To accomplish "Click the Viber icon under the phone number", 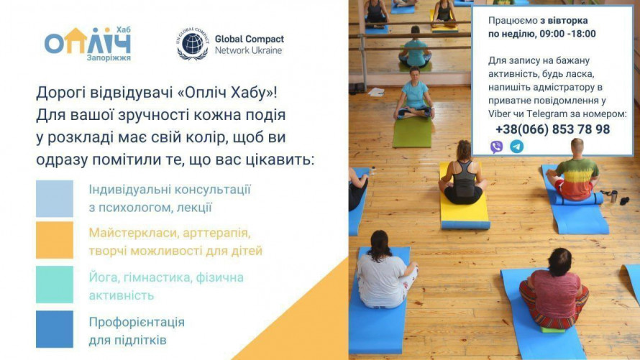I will (x=496, y=147).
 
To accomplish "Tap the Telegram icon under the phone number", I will (x=516, y=147).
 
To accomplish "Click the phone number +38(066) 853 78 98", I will (x=552, y=129).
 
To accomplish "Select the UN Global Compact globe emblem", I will (x=193, y=44).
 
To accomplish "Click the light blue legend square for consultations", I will (x=55, y=198).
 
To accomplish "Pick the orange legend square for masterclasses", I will (x=55, y=240).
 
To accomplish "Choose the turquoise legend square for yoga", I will (x=55, y=285).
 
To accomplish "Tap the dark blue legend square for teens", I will (x=55, y=328).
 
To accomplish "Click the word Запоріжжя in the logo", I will (x=108, y=58).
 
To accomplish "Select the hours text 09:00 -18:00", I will (x=567, y=34).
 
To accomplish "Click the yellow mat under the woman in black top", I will (x=463, y=212).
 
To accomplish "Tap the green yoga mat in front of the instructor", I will (x=412, y=131).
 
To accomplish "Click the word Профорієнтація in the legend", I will (x=137, y=322).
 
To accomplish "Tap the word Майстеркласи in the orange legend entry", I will (x=131, y=234).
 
